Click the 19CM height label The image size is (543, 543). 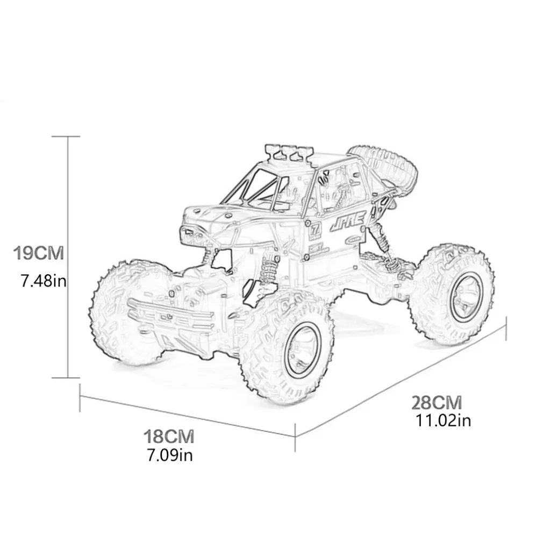(39, 253)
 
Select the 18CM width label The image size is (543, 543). (169, 436)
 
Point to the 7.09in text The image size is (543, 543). (170, 455)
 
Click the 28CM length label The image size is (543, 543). (437, 402)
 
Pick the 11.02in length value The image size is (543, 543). (443, 420)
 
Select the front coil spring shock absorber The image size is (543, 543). (267, 272)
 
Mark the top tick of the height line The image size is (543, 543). (68, 137)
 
